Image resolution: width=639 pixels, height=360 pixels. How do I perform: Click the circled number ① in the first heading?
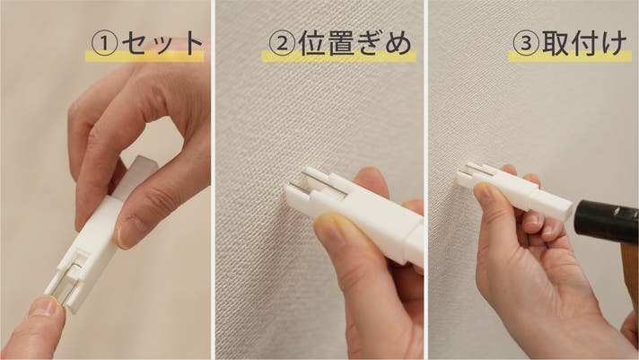[x=104, y=44]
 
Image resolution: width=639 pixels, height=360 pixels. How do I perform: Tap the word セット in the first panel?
[x=162, y=43]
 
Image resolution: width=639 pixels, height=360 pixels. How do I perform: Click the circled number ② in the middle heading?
[x=282, y=44]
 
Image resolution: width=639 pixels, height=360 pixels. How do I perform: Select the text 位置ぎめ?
[x=355, y=43]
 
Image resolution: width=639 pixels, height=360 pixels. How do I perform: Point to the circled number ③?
[x=526, y=43]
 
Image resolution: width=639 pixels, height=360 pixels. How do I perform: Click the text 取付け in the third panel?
[x=584, y=43]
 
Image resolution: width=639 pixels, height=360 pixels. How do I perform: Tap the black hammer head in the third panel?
[x=607, y=222]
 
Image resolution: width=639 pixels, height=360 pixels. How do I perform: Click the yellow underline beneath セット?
[x=144, y=57]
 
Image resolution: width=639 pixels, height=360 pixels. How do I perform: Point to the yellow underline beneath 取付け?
[x=570, y=57]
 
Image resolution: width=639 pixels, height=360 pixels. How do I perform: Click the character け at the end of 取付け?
[x=614, y=43]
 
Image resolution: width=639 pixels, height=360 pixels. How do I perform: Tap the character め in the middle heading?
[x=398, y=44]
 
